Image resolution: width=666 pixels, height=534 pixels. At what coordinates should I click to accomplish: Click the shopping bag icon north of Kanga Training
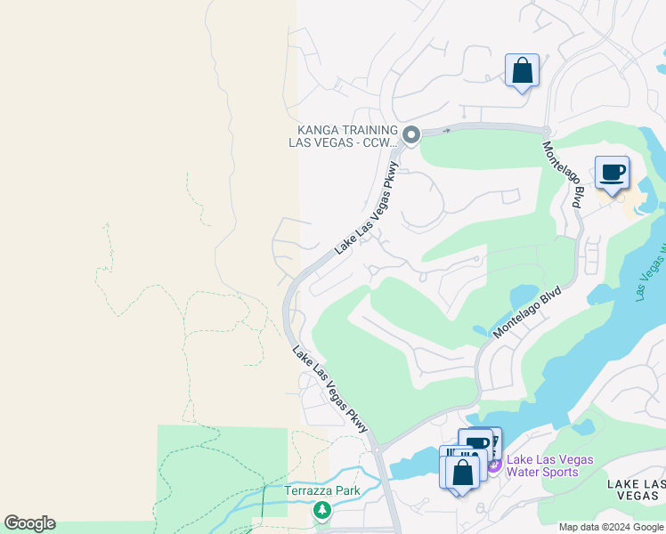coord(522,70)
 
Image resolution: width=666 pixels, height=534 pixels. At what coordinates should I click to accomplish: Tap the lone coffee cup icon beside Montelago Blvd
coord(612,172)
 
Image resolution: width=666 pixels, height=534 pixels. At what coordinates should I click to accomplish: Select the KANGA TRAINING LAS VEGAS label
coord(343,135)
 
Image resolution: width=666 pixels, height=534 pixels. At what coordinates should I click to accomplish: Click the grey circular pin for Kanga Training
coord(410,135)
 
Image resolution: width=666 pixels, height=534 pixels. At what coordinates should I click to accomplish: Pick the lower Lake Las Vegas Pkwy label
coord(330,390)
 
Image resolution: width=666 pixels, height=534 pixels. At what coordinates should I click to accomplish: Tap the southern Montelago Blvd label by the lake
coord(528,311)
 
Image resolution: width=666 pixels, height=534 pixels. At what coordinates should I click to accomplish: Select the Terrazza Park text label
coord(321,490)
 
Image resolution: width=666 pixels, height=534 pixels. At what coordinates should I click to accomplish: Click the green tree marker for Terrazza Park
coord(321,510)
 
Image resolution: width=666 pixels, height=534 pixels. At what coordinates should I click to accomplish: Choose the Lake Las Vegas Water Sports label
coord(549,465)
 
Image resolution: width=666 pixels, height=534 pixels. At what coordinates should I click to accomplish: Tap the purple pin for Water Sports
coord(493,465)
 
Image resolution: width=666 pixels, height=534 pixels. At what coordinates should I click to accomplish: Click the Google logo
coord(29,523)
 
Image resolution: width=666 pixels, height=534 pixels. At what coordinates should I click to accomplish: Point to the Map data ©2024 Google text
coord(612,527)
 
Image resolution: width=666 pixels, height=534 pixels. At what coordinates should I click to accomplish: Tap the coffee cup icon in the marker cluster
coord(477,443)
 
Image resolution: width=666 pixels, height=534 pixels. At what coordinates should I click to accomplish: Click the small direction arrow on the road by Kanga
coord(447,130)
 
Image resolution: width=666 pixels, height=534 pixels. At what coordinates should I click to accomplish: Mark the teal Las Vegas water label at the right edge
coord(652,267)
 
